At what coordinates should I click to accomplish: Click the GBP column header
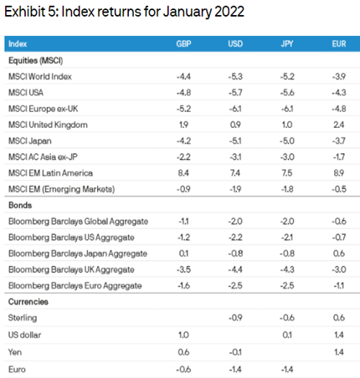(183, 43)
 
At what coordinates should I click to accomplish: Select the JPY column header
(287, 43)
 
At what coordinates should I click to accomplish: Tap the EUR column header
(339, 43)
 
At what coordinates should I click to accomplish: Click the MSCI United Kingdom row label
(48, 125)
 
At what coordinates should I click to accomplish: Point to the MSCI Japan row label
(30, 140)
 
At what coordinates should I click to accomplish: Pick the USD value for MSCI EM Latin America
(235, 173)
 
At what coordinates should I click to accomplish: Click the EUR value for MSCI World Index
(339, 76)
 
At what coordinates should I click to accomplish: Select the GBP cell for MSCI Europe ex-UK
(183, 109)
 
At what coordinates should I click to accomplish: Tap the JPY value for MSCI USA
(287, 93)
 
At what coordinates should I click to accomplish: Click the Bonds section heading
(20, 205)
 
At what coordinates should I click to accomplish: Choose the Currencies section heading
(28, 302)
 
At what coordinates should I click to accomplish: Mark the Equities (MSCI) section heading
(36, 60)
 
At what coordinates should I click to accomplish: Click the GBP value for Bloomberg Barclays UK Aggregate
(183, 269)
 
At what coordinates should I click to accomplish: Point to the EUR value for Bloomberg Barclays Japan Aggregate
(339, 253)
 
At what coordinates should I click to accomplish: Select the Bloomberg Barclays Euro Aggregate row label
(75, 286)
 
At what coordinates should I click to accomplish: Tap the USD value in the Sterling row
(235, 318)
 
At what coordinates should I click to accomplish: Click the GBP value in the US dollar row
(183, 335)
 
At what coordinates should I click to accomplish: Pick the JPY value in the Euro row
(287, 370)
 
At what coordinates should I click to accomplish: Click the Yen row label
(15, 352)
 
